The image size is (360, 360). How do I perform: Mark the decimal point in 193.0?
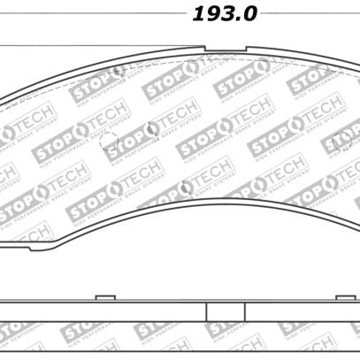[238, 20]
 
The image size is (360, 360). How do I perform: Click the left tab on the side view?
[105, 298]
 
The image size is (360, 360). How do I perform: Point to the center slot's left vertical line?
[206, 311]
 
